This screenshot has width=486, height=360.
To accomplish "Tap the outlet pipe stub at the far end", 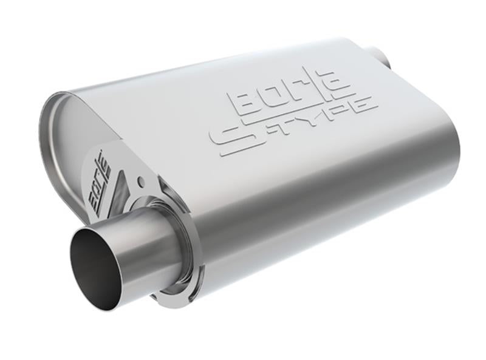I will click(383, 55).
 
